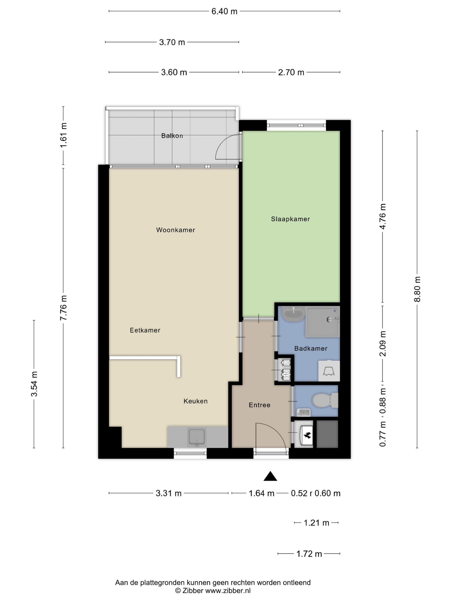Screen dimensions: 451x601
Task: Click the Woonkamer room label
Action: click(175, 230)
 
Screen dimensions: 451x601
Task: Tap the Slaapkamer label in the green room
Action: click(290, 219)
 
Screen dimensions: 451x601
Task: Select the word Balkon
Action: click(172, 136)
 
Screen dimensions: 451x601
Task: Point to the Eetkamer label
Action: click(145, 330)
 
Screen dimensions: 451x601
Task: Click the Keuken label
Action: click(196, 401)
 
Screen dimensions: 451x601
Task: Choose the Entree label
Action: click(260, 405)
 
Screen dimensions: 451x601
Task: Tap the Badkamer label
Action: click(311, 348)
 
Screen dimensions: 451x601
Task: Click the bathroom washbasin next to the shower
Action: click(293, 314)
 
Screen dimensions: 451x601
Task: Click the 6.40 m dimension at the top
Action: click(224, 11)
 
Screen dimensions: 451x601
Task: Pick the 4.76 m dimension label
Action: click(382, 216)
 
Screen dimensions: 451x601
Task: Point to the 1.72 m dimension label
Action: click(309, 554)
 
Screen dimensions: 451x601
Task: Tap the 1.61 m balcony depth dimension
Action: click(63, 135)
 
